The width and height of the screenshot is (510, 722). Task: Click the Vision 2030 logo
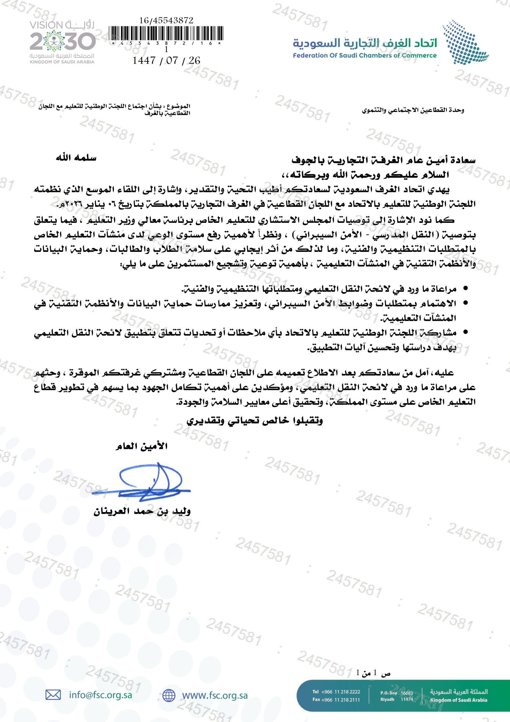click(62, 42)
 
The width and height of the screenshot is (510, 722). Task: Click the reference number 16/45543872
click(166, 20)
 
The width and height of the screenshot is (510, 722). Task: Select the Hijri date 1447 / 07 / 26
click(166, 60)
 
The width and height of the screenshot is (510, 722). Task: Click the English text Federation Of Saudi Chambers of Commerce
click(365, 56)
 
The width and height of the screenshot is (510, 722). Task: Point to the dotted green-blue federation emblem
click(465, 41)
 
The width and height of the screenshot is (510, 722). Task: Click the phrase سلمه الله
click(76, 158)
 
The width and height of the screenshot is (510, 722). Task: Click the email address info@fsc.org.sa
click(100, 695)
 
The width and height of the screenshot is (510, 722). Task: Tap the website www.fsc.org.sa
click(215, 695)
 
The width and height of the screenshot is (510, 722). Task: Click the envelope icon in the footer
click(53, 695)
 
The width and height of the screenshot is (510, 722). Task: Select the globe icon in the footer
click(169, 695)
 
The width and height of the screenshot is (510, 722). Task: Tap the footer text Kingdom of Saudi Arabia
click(459, 700)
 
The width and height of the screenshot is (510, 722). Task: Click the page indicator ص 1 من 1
click(373, 673)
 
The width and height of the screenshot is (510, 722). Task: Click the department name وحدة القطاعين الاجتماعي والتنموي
click(412, 110)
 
